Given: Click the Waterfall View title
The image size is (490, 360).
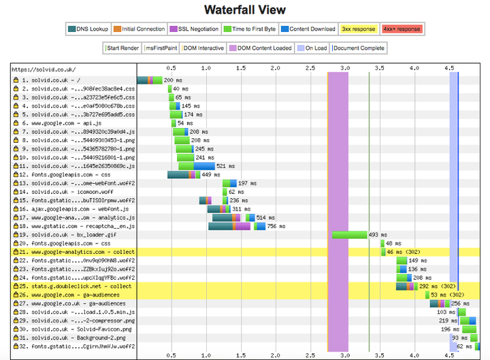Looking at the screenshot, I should [244, 10].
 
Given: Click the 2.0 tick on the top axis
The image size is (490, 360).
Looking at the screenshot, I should [275, 69].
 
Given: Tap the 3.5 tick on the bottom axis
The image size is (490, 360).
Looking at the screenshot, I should [380, 355].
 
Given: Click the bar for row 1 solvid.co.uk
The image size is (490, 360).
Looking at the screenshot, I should [149, 80].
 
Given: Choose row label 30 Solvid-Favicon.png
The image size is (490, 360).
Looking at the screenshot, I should [75, 329].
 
